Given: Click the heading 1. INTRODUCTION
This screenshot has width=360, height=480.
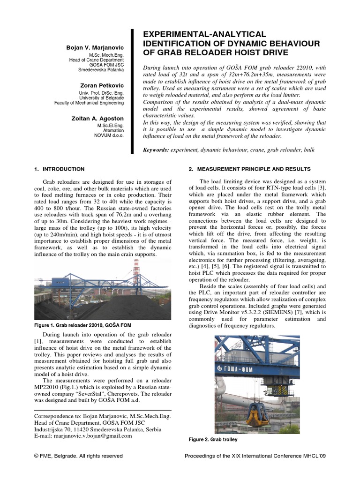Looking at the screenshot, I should [60, 169].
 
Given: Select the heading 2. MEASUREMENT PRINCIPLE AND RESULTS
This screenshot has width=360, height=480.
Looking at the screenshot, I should [249, 169].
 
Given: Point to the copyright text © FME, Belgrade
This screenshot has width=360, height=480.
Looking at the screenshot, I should [79, 456].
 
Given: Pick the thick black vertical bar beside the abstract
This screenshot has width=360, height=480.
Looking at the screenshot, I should [132, 91].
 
